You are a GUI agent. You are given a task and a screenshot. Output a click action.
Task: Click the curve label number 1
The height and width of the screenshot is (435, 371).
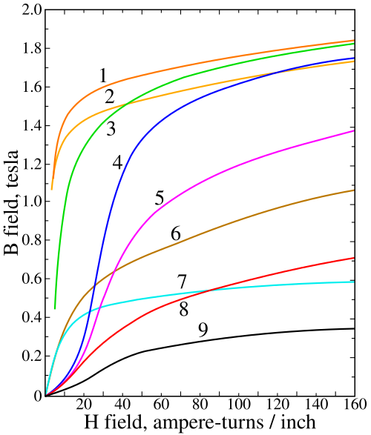tap(103, 76)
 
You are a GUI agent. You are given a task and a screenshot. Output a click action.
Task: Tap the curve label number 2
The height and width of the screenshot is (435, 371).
tap(110, 97)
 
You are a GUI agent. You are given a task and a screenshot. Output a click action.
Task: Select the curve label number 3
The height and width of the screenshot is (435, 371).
tap(111, 129)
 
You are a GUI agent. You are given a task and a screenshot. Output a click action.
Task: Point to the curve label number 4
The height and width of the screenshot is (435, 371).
tap(118, 162)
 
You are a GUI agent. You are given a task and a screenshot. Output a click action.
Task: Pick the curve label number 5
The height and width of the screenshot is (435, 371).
tap(160, 198)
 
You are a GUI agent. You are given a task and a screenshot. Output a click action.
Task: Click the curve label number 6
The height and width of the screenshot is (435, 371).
tap(176, 233)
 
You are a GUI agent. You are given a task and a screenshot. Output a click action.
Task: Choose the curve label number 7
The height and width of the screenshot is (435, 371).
tap(182, 282)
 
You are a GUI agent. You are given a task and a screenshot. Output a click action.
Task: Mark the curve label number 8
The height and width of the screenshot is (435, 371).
tap(184, 309)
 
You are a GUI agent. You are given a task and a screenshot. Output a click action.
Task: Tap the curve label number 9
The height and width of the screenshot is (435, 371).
tap(203, 330)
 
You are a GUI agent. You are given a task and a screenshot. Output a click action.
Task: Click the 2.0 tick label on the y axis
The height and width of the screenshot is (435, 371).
tap(32, 10)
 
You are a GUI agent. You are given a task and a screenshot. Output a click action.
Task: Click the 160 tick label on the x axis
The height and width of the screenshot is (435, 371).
tap(355, 404)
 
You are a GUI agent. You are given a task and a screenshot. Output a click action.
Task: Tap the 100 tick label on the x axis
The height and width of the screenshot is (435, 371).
tap(238, 404)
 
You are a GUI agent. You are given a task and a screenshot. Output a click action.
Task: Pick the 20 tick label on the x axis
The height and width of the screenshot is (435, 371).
tap(84, 404)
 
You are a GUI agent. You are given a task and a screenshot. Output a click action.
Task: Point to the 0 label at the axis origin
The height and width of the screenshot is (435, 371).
tap(38, 396)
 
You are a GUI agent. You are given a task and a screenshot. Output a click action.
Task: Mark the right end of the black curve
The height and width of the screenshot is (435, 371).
tap(355, 328)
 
